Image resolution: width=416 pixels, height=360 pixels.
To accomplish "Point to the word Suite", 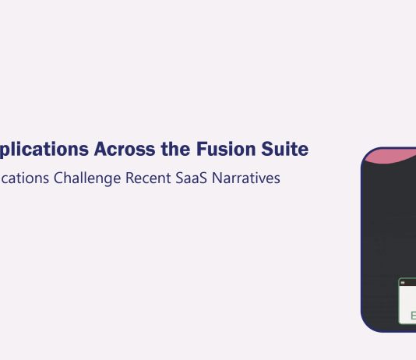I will pos(286,148).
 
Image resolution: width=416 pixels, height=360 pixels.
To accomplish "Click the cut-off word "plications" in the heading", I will pos(44,149).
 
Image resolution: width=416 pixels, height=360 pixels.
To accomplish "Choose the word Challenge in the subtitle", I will pos(87,178).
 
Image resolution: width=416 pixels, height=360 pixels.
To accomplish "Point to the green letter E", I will pos(414,316).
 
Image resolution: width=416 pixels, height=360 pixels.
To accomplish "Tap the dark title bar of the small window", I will pos(407,281).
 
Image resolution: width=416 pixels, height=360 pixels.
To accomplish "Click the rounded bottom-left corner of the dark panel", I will pos(368,323).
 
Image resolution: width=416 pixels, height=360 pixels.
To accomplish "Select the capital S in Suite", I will pos(270,148).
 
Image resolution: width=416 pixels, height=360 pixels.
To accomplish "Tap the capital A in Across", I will pos(101,148).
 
